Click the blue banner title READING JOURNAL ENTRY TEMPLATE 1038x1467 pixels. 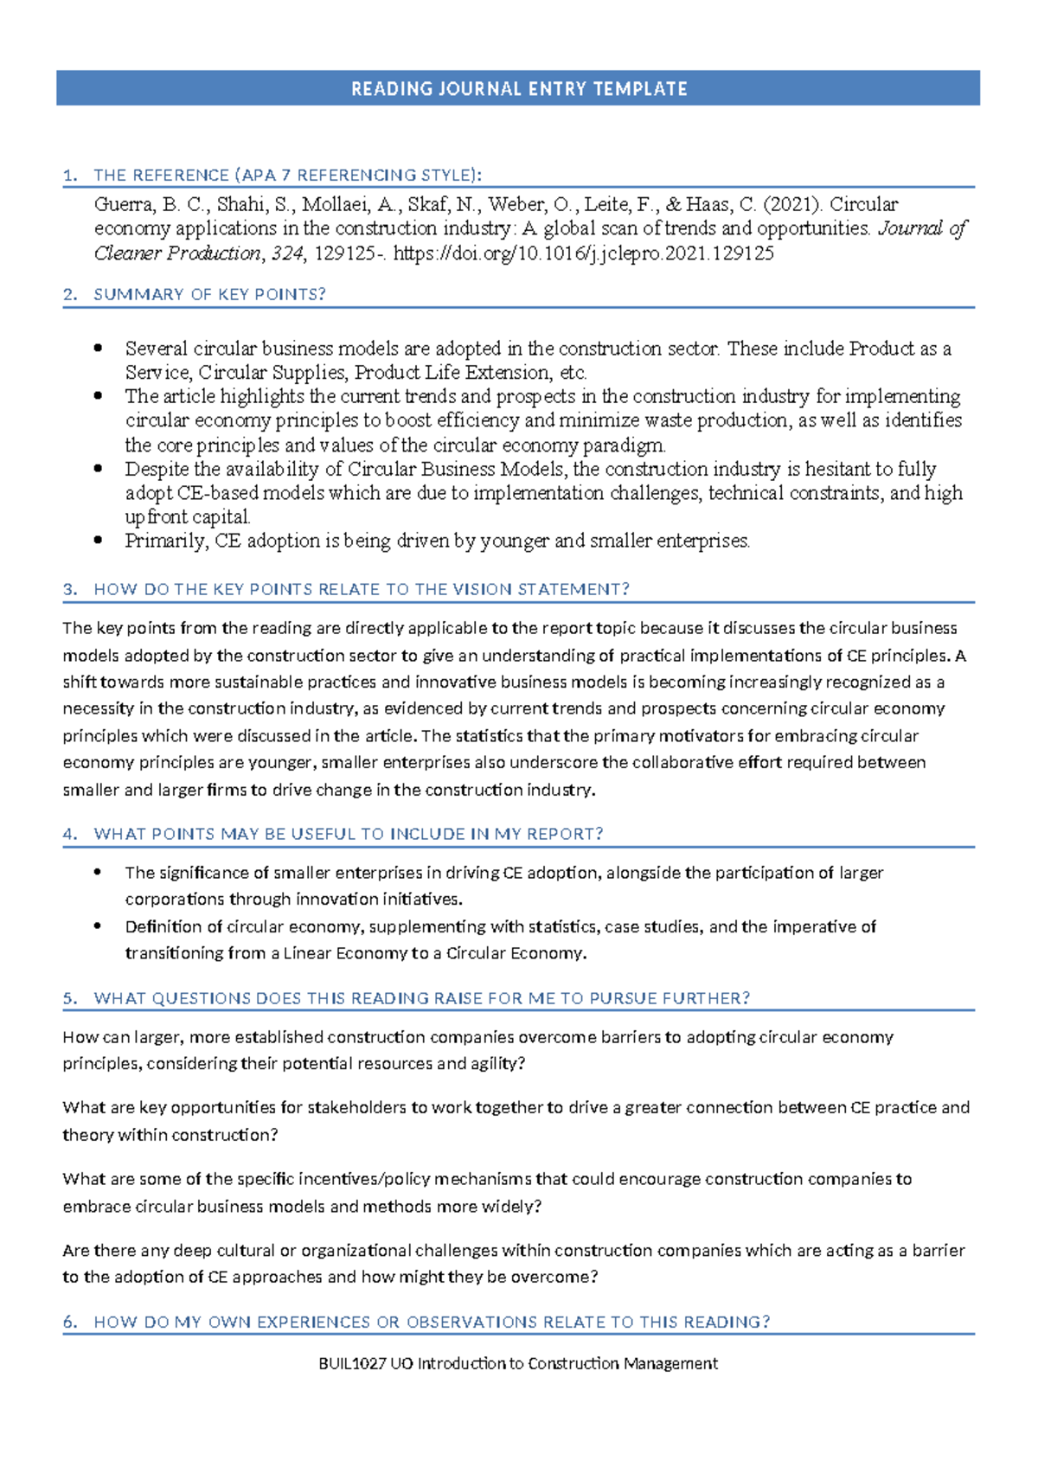(x=519, y=89)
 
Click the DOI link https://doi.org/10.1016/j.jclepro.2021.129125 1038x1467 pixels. (x=583, y=254)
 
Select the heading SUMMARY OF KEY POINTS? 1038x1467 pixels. (x=209, y=295)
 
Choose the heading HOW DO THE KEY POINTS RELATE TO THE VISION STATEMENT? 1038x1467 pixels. (x=361, y=590)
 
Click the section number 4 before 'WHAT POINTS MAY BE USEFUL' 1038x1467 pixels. (x=69, y=835)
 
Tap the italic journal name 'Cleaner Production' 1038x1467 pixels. (x=176, y=254)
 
